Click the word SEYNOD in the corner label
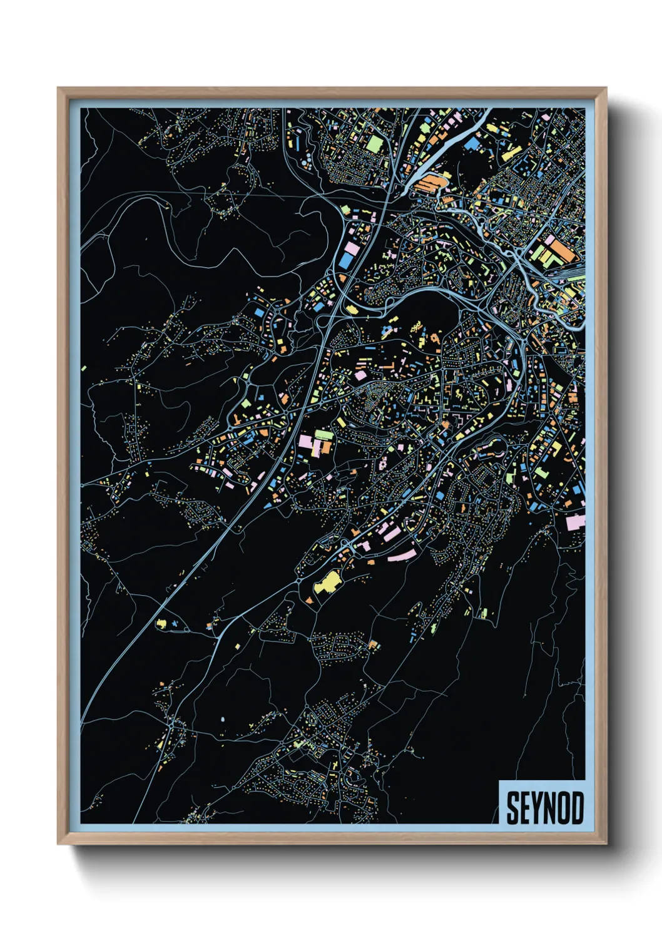point(544,808)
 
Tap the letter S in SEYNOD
point(512,808)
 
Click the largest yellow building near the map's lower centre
point(326,583)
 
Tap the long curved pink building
point(402,554)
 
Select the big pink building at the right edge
point(575,522)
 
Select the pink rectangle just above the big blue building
point(352,249)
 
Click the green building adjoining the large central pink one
point(324,434)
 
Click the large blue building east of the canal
point(474,145)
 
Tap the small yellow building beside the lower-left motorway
point(161,624)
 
